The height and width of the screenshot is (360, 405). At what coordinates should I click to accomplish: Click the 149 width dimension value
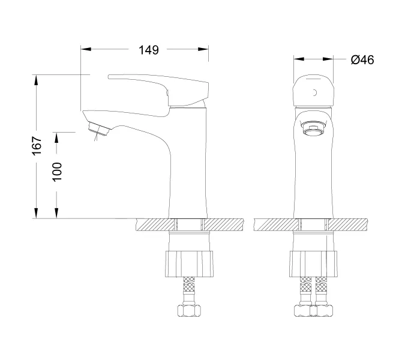click(149, 50)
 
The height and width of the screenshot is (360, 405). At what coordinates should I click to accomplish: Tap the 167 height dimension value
click(37, 146)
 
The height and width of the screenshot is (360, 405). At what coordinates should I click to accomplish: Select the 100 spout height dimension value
click(57, 172)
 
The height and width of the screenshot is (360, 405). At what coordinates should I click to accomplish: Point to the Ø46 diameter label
click(362, 60)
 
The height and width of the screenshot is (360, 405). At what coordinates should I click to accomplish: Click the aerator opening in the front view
click(313, 130)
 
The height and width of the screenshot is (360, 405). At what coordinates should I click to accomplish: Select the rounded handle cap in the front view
click(313, 91)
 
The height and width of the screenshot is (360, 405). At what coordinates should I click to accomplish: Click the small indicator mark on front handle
click(314, 92)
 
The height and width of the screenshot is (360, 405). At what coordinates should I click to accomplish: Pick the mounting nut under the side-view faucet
click(190, 263)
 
